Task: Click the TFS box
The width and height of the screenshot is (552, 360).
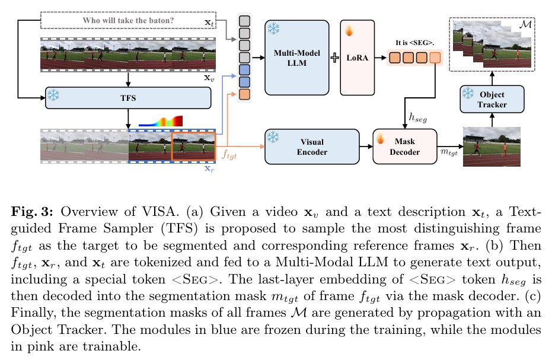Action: [128, 98]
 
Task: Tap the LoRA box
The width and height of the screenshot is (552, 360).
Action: [358, 58]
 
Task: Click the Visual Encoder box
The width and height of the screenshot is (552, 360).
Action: [312, 147]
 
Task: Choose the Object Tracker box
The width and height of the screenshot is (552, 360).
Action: [492, 99]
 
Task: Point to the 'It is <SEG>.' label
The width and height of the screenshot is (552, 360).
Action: [414, 43]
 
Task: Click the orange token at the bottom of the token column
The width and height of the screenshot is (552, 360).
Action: [244, 94]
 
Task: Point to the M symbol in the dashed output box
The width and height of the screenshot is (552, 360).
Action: [525, 25]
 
